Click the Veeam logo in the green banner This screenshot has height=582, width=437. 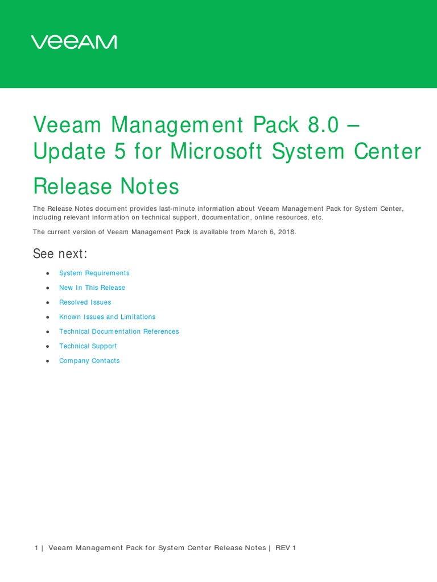pos(74,42)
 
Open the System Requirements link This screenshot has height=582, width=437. pos(94,273)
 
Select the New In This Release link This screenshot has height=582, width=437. pos(92,288)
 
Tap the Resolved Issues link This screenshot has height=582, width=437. pos(85,302)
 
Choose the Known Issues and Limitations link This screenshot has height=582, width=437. pos(107,317)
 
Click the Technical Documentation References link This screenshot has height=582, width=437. pos(119,332)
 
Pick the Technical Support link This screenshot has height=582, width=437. pos(88,346)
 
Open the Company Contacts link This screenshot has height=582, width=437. pos(89,361)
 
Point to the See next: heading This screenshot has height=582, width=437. pos(60,253)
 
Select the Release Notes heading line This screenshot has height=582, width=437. pos(106,186)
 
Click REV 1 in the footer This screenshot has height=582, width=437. pos(286,548)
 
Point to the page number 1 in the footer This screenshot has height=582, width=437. pos(36,548)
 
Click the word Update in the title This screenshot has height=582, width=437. pos(70,152)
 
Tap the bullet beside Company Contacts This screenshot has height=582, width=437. pos(48,361)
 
